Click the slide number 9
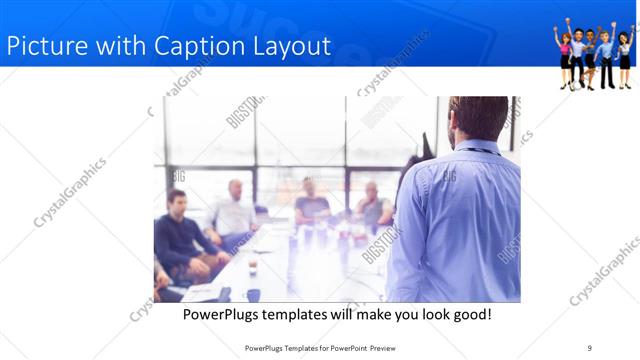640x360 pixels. (590, 348)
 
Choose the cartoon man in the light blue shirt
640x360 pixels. (606, 55)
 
